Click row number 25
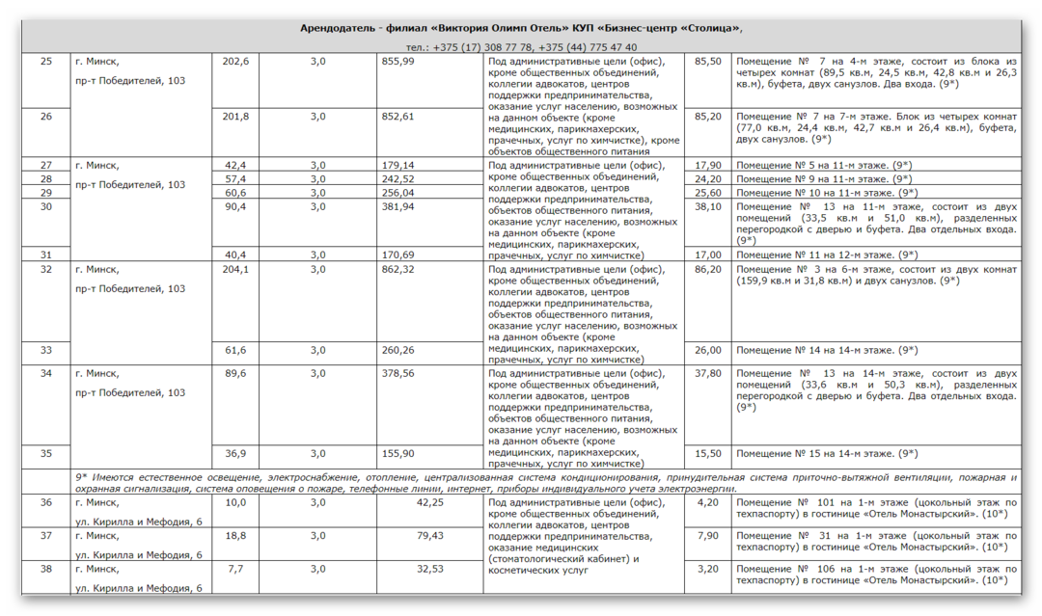click(46, 61)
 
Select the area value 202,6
click(235, 61)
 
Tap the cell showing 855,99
click(398, 61)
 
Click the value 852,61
click(398, 116)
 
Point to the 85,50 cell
click(708, 61)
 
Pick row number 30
click(46, 206)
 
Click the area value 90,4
click(235, 206)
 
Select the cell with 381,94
click(398, 206)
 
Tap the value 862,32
click(398, 269)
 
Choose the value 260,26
click(398, 350)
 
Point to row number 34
click(46, 373)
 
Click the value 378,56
click(398, 373)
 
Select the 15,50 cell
click(708, 453)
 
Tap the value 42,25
click(429, 502)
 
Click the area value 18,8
click(235, 535)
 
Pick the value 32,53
click(429, 569)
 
